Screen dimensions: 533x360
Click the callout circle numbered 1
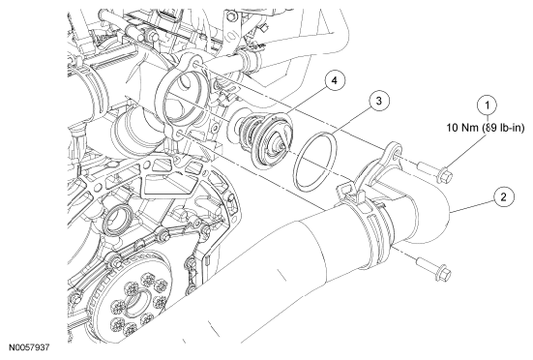point(488,105)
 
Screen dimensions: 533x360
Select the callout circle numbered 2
point(503,197)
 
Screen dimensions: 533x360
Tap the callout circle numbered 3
point(379,101)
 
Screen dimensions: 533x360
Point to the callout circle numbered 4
point(335,81)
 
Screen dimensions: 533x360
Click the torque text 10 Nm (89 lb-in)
point(486,128)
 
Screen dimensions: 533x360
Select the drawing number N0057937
point(29,347)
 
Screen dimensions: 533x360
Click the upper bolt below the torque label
point(435,171)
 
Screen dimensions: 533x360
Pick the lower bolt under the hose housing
point(434,269)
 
